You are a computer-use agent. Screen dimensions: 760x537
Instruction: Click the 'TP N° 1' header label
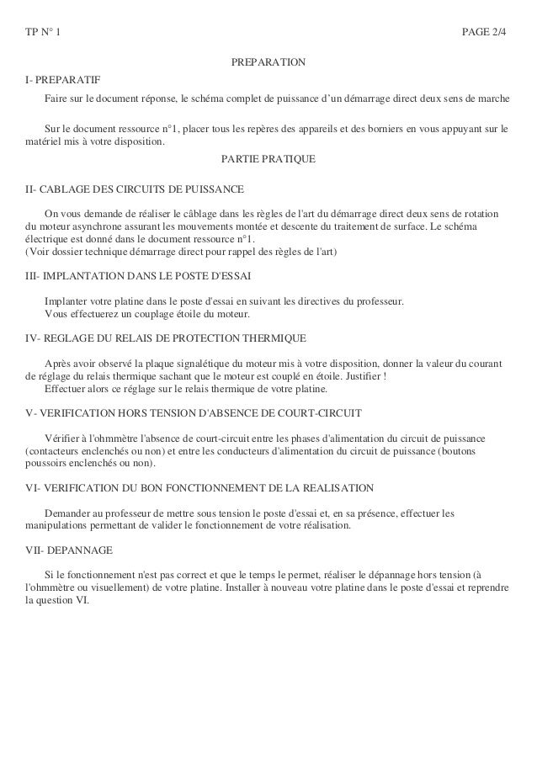pyautogui.click(x=43, y=33)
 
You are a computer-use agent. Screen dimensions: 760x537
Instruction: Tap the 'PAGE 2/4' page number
pyautogui.click(x=486, y=33)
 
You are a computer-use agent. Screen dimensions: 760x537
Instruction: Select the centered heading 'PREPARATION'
pyautogui.click(x=268, y=64)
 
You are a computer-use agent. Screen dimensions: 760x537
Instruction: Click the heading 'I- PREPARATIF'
pyautogui.click(x=62, y=80)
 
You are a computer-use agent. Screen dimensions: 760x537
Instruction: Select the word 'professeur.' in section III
pyautogui.click(x=379, y=301)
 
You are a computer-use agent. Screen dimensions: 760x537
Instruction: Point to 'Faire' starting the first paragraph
pyautogui.click(x=57, y=101)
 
